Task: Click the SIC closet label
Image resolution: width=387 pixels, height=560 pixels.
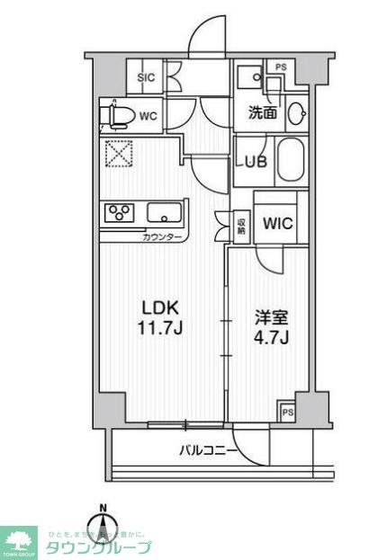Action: [x=145, y=78]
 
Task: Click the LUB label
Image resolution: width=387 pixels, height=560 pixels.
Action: [x=250, y=164]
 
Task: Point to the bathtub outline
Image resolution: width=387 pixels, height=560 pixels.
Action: [x=291, y=162]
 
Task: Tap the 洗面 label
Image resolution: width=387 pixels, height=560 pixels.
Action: [x=263, y=112]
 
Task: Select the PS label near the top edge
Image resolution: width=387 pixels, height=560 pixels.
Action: [x=281, y=66]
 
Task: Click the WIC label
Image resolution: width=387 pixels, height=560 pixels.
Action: [x=276, y=224]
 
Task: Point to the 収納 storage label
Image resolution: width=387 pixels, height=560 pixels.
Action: [x=241, y=224]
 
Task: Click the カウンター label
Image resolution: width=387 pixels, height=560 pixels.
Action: [x=163, y=236]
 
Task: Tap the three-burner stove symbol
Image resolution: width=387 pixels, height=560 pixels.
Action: [x=119, y=213]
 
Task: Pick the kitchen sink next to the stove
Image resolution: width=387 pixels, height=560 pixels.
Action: [x=164, y=214]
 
